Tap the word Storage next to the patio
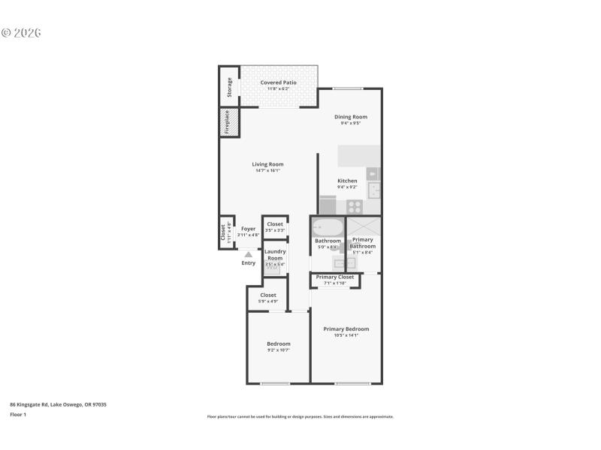[x=229, y=88]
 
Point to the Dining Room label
[x=350, y=117]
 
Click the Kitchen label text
[x=347, y=181]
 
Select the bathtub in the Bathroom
[x=328, y=227]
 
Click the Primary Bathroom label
[x=362, y=243]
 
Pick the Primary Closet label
[x=334, y=277]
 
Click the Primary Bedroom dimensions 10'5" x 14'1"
[x=346, y=335]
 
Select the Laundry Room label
[x=274, y=255]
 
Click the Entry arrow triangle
[x=248, y=255]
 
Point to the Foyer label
[x=248, y=229]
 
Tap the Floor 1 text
[x=18, y=414]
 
